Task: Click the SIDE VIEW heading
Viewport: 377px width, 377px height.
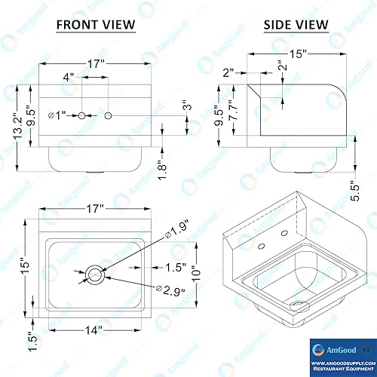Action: point(296,24)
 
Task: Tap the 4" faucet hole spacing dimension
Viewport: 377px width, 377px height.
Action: point(68,77)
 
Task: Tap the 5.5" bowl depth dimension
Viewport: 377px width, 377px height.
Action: point(354,193)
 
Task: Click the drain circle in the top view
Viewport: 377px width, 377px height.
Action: point(94,274)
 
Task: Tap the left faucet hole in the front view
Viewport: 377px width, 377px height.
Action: point(83,115)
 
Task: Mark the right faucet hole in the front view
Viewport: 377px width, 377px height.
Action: point(109,115)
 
